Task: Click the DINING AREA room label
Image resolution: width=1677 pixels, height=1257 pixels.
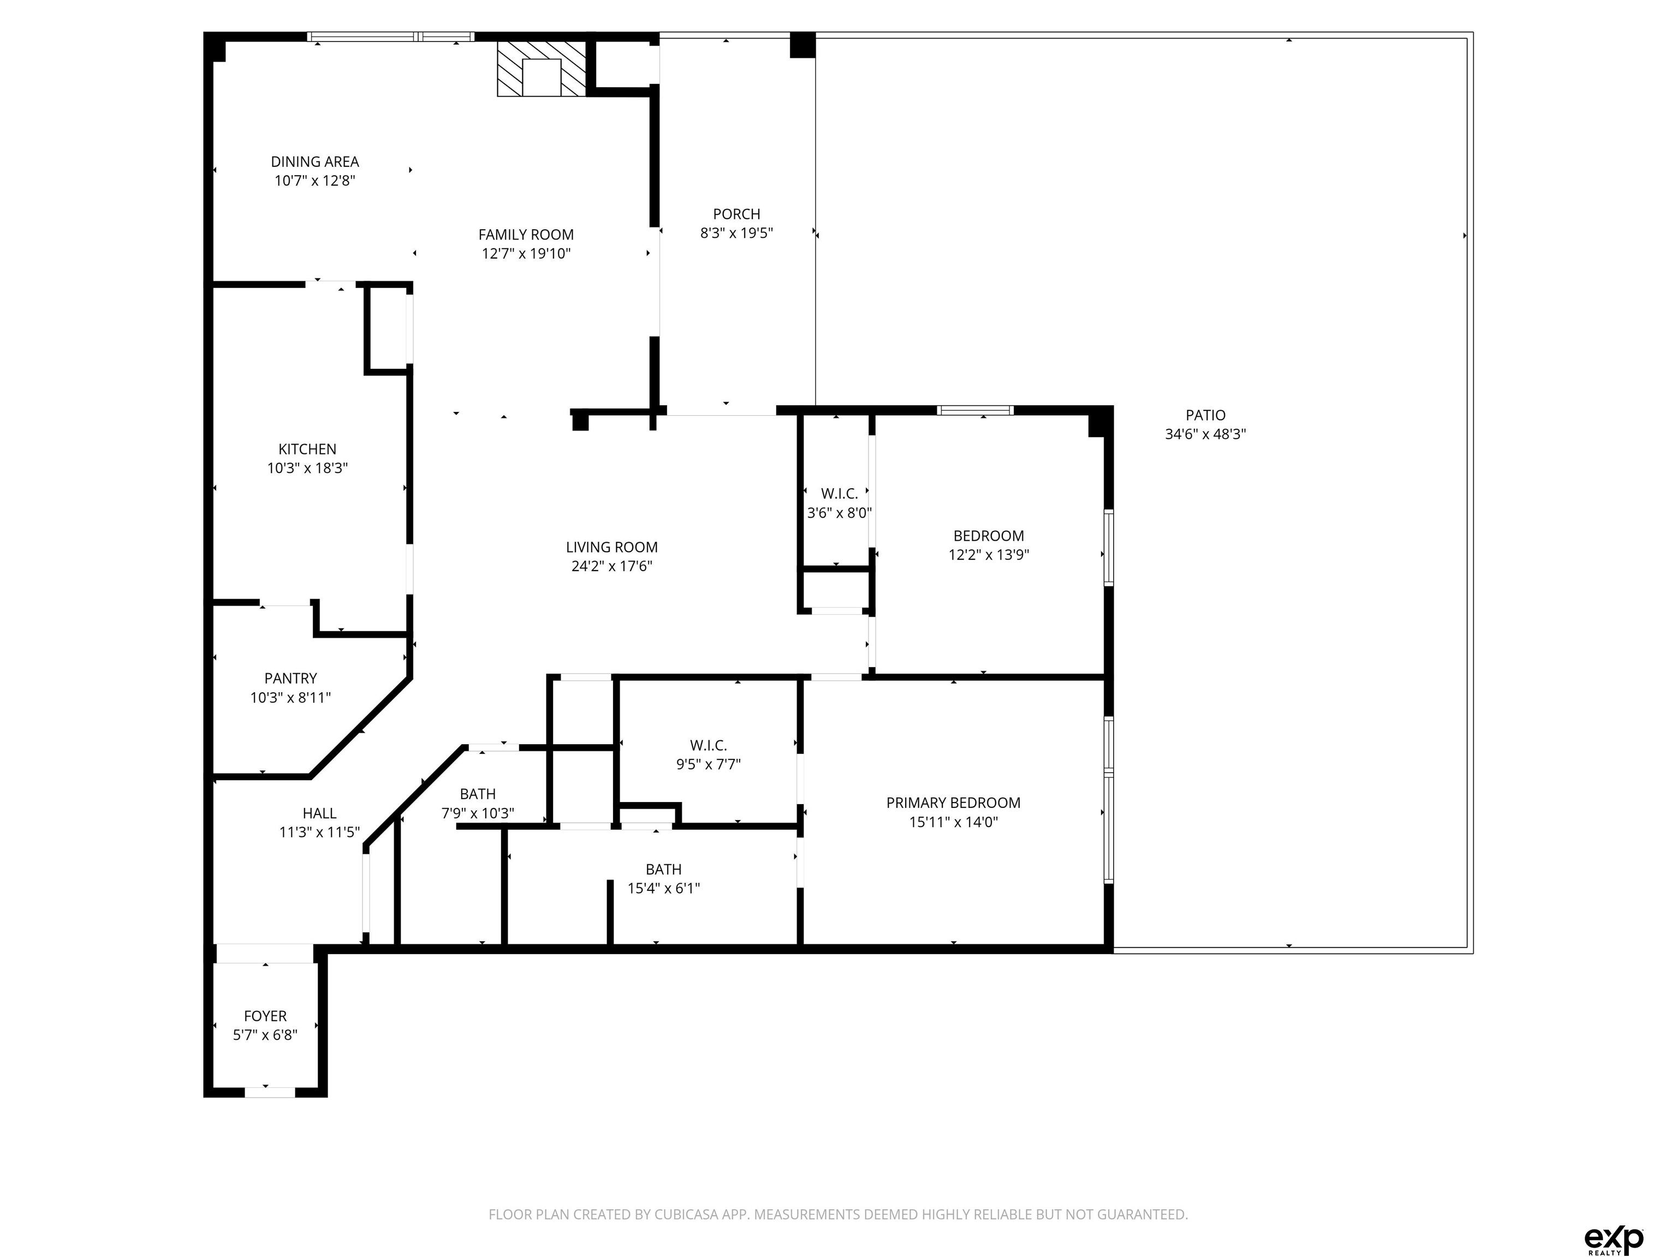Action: point(314,161)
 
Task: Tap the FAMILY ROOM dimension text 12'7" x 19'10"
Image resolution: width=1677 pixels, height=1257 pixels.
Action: point(526,254)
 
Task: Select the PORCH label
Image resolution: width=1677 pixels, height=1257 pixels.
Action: point(736,214)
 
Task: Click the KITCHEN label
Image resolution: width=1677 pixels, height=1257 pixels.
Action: point(307,448)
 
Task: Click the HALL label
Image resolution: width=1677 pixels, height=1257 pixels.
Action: point(319,813)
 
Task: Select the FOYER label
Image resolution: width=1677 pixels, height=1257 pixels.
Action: point(265,1016)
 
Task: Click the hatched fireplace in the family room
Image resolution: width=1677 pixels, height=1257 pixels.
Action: point(542,69)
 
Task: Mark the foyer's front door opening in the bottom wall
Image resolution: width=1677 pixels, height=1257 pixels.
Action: point(269,1092)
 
